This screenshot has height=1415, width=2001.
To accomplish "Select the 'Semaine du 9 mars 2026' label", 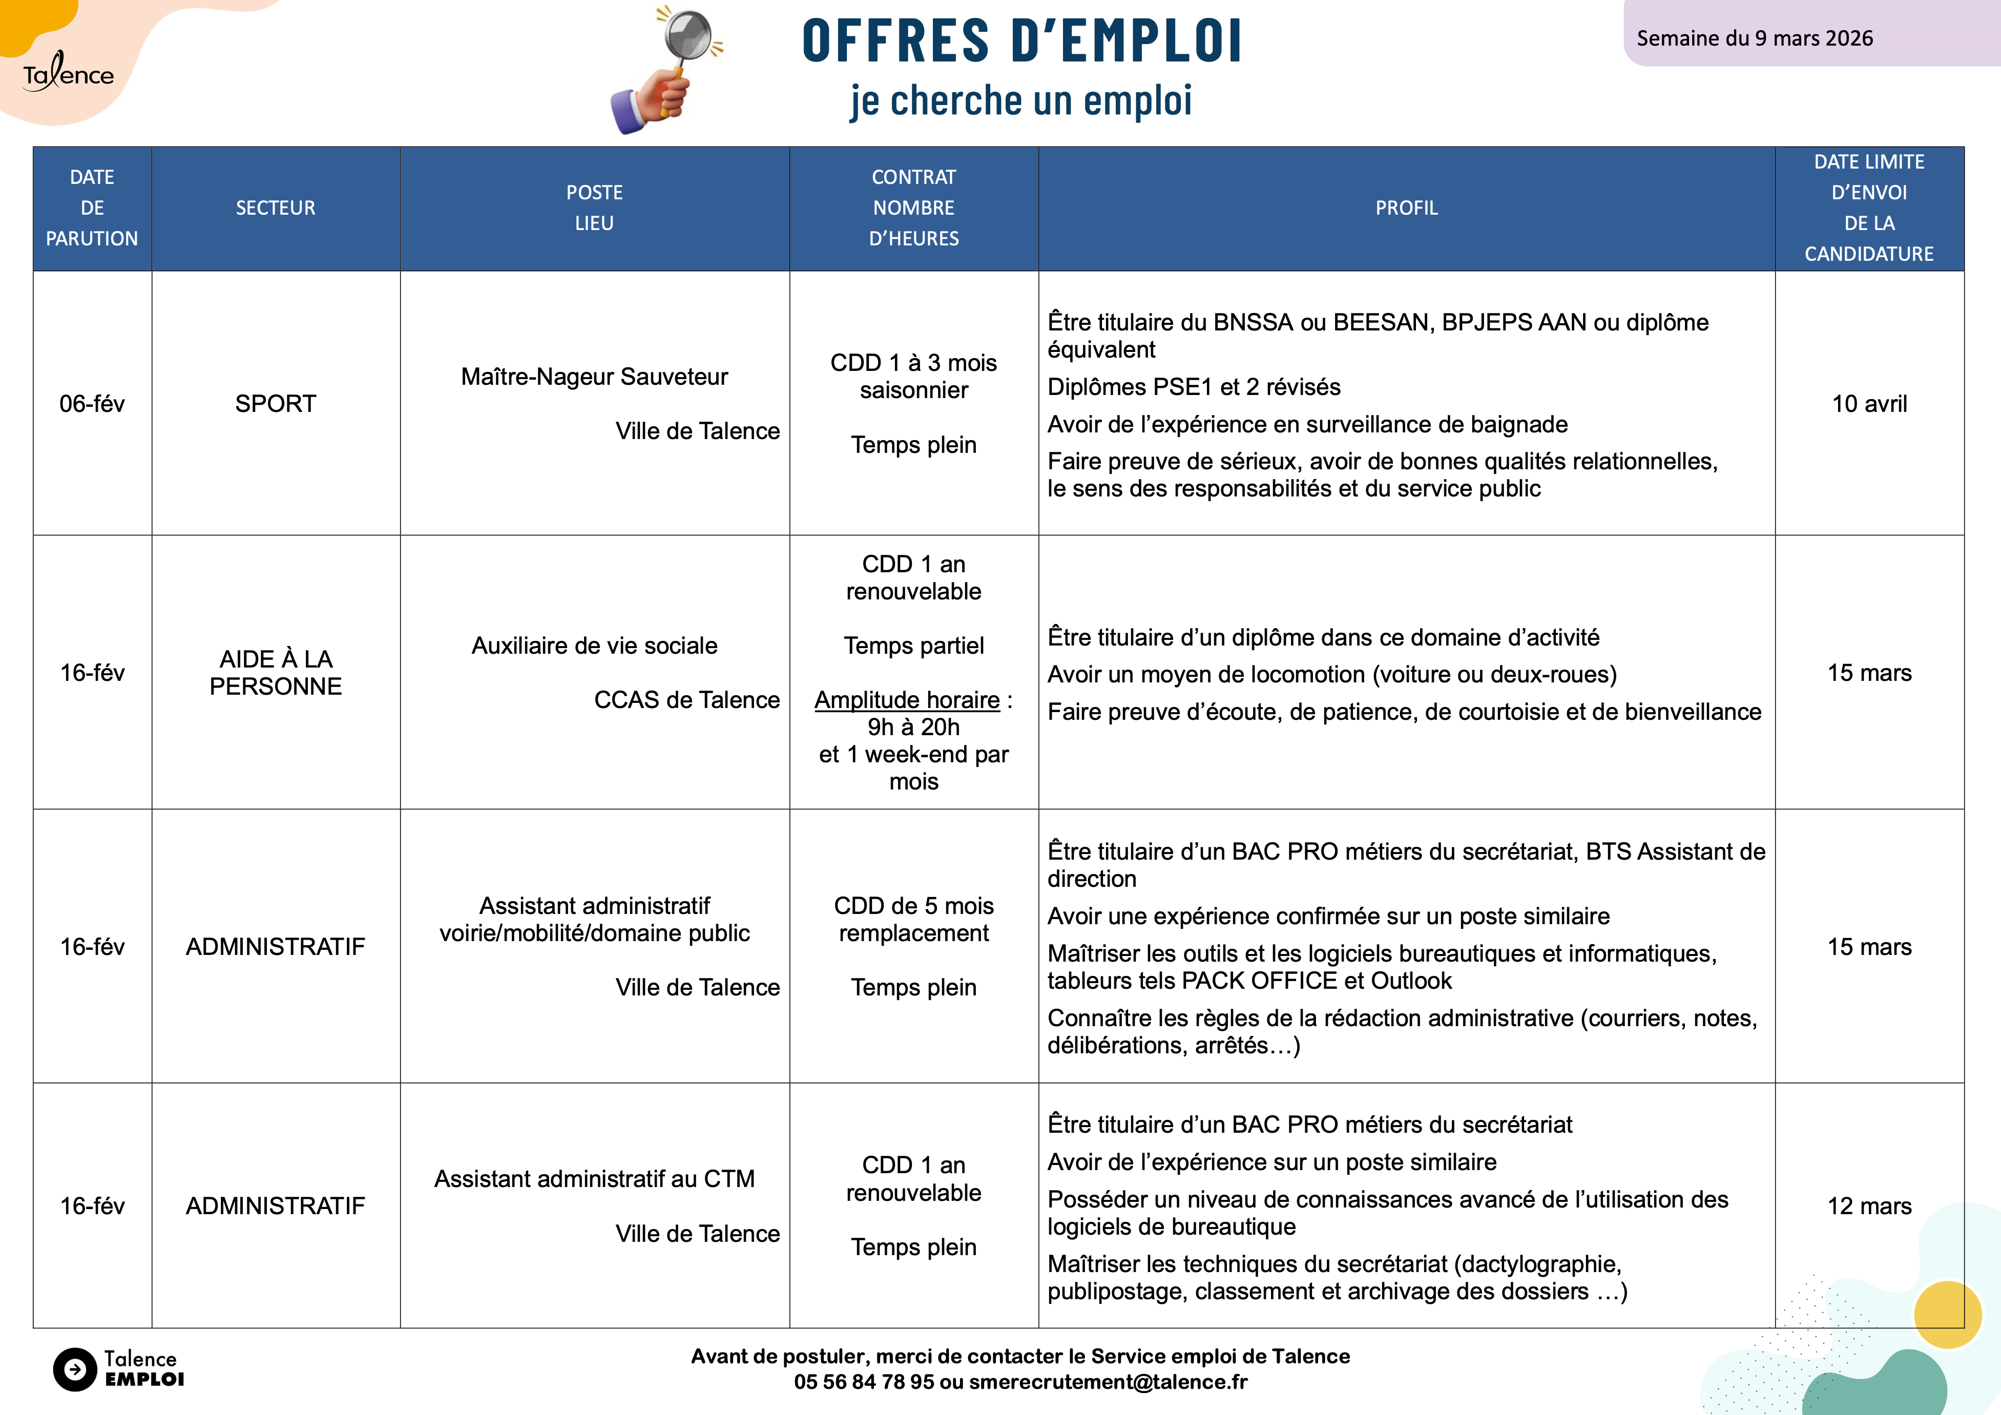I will click(x=1755, y=38).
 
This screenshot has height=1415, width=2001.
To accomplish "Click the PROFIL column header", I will click(x=1406, y=208).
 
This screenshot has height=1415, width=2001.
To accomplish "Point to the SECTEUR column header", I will click(x=276, y=208).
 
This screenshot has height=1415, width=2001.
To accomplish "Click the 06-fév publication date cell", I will click(x=92, y=403).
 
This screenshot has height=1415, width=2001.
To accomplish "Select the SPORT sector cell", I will click(x=276, y=403).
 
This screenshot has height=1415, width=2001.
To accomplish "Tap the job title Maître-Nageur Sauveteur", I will click(x=594, y=377).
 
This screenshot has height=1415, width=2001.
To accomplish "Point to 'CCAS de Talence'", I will click(x=687, y=700).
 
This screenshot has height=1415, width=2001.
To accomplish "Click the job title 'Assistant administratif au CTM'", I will click(x=594, y=1179).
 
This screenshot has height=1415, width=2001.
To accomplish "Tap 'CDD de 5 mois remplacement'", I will click(x=913, y=919).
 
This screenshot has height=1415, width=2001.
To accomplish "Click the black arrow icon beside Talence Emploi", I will click(x=75, y=1370).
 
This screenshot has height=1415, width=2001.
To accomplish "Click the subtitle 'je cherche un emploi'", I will click(x=1022, y=100).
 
